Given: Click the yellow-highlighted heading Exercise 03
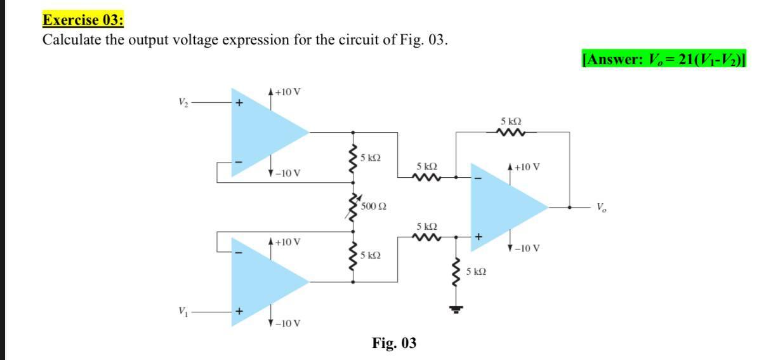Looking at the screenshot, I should [x=82, y=19].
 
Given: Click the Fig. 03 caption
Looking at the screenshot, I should [x=394, y=343].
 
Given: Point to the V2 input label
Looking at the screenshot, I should [x=183, y=102].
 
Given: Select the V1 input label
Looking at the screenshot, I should [x=183, y=312].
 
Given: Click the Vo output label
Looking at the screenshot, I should [x=601, y=207].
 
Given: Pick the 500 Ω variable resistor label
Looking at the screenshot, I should [x=374, y=206].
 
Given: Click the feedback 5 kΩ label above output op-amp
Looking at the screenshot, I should [x=511, y=121].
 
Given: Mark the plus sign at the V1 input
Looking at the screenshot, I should [x=240, y=312].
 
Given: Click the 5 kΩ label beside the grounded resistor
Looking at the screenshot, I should [x=476, y=272].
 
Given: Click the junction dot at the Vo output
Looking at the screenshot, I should [x=569, y=207].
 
